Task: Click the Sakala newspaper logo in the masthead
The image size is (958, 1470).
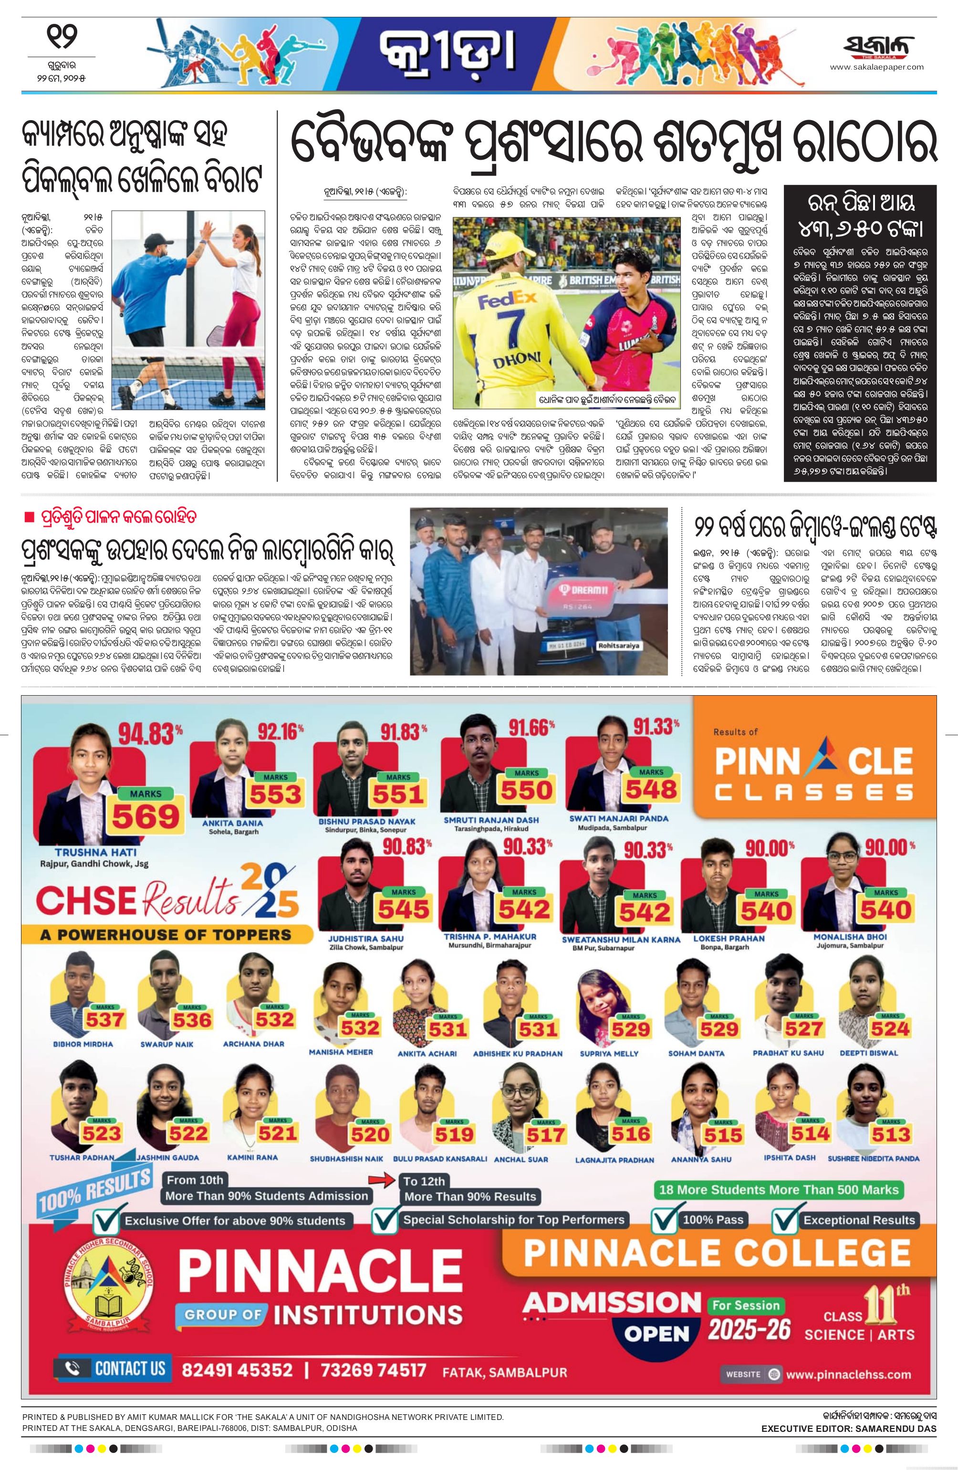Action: tap(878, 48)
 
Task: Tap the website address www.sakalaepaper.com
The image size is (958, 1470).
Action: tap(876, 67)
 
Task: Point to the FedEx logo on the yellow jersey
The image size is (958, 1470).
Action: tap(507, 301)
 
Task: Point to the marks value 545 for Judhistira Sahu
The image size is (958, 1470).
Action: tap(404, 909)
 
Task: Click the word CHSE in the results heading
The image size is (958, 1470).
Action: tap(86, 901)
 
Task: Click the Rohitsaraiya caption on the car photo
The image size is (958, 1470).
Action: tap(619, 646)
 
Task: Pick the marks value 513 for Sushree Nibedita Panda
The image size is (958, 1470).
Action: tap(891, 1134)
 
